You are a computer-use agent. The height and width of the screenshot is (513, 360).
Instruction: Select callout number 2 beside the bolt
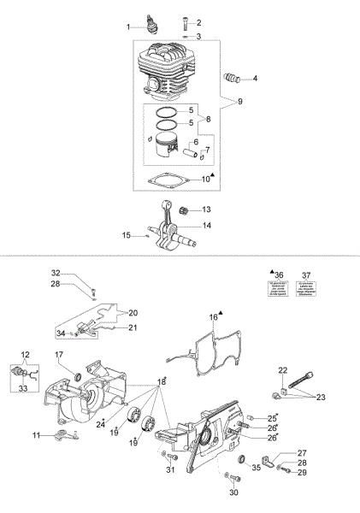198,22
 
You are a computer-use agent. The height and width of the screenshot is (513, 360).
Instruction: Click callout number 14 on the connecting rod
207,226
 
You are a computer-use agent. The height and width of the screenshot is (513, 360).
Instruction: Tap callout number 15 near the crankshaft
126,234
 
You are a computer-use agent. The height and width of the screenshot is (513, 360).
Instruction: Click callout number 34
61,333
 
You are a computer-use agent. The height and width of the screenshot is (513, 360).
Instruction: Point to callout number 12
25,354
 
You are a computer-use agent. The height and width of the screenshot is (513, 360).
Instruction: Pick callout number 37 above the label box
306,274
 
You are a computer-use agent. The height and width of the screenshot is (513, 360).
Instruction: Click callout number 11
36,435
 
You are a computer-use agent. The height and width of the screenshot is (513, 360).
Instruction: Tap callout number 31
169,469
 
